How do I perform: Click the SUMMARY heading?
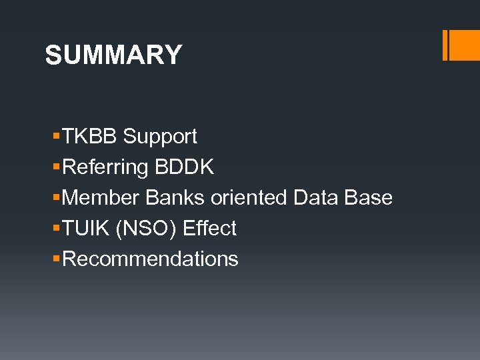pos(113,55)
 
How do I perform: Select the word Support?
pos(160,137)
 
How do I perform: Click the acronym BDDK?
pos(184,167)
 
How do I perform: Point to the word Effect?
pos(209,229)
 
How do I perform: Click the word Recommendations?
pos(150,259)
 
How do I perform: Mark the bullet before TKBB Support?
pos(56,137)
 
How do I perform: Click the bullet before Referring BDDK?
pos(56,167)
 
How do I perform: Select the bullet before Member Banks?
pos(56,198)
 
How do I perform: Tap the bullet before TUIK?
pos(56,229)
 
